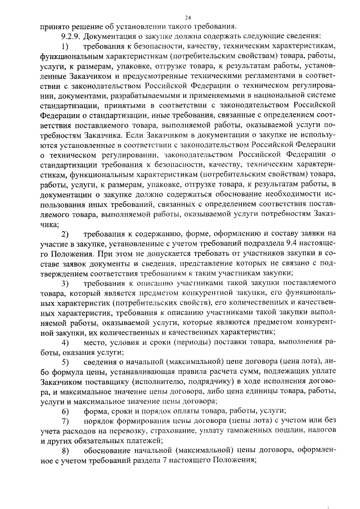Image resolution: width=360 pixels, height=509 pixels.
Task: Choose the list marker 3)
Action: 66,283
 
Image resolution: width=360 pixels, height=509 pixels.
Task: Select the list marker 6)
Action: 66,411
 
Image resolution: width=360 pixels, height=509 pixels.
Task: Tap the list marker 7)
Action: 66,421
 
